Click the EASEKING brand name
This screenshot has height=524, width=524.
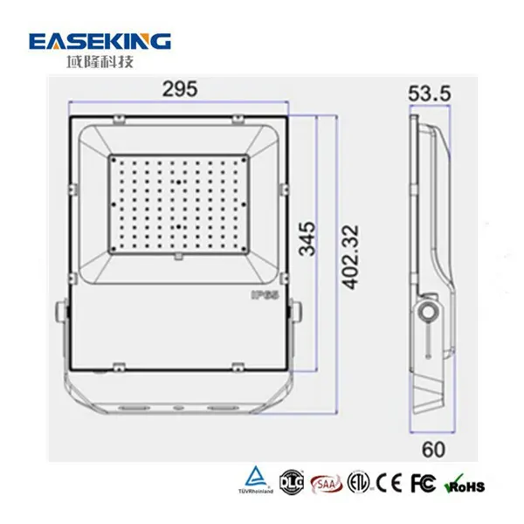click(100, 41)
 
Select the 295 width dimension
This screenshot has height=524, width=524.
click(179, 89)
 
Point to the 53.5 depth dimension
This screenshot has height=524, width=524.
click(428, 92)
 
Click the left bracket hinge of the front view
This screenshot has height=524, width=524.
click(61, 313)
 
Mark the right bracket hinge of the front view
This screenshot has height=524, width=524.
click(298, 313)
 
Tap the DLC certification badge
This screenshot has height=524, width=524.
click(289, 480)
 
